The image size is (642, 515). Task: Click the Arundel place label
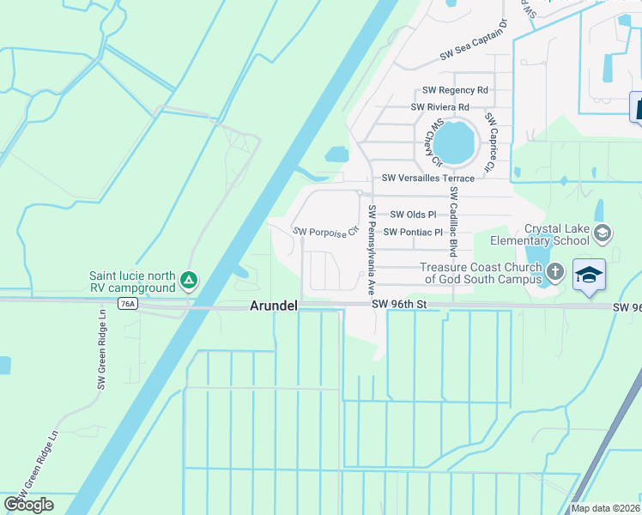[x=273, y=306]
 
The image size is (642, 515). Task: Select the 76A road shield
[x=128, y=304]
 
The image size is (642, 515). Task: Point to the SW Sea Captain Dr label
[x=474, y=49]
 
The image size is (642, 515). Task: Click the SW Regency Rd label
[x=455, y=90]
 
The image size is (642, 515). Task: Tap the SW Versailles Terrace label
[x=428, y=178]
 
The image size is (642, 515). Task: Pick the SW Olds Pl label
[x=414, y=215]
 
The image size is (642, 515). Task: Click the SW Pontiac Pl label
[x=414, y=232]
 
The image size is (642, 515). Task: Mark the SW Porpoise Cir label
[x=324, y=232]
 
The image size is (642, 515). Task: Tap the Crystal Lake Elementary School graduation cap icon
[x=603, y=232]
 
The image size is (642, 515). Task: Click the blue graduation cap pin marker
[x=590, y=275]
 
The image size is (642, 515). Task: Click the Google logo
[x=28, y=505]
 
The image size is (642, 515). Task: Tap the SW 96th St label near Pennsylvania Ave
[x=399, y=304]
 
